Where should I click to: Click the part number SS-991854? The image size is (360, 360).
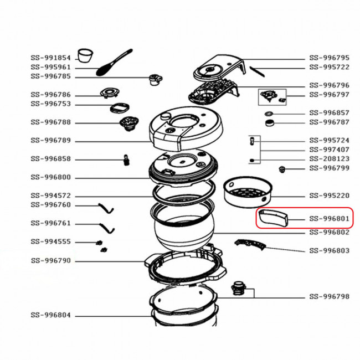(x=51, y=58)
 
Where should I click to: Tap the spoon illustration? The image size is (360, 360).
(x=114, y=62)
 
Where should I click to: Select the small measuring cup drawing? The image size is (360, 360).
(x=85, y=55)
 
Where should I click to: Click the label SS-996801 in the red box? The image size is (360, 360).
(x=329, y=219)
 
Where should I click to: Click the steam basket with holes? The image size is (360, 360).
(x=248, y=192)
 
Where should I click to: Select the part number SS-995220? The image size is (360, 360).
(x=329, y=196)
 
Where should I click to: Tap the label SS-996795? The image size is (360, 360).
(x=329, y=58)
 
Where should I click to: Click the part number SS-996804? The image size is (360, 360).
(x=51, y=315)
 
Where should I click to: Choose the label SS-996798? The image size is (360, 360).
(x=329, y=297)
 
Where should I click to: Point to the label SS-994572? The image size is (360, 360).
(x=51, y=196)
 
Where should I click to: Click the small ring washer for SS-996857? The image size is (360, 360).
(x=269, y=114)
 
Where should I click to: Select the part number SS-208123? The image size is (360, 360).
(x=329, y=159)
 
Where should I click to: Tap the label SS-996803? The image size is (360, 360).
(x=329, y=251)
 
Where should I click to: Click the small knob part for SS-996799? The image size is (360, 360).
(x=282, y=169)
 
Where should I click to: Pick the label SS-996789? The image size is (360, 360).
(x=51, y=141)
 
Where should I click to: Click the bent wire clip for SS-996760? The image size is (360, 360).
(x=106, y=208)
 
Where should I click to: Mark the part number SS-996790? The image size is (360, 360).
(x=51, y=261)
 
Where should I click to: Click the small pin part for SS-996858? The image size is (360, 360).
(x=126, y=160)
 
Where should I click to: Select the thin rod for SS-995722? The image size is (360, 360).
(x=257, y=71)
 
